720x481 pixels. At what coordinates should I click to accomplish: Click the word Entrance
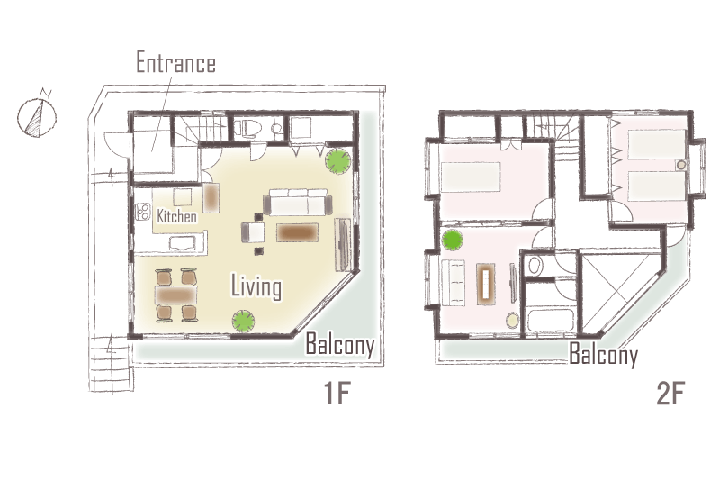point(175,63)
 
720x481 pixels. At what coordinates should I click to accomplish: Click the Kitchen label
point(176,216)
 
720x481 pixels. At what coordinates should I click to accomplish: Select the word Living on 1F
point(256,287)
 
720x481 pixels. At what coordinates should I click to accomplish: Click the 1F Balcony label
point(340,344)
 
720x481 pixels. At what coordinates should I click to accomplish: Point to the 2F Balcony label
point(603,354)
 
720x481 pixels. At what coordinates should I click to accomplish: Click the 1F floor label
point(337,394)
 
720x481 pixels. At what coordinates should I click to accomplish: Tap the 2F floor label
point(670,394)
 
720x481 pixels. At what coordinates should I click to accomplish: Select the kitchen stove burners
point(143,212)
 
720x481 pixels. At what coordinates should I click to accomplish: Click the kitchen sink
point(183,243)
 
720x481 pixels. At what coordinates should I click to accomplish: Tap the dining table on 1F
point(176,295)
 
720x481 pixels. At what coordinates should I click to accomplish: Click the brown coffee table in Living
point(297,232)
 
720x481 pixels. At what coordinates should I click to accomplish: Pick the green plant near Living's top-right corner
point(338,161)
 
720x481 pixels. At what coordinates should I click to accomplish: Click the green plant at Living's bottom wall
point(243,321)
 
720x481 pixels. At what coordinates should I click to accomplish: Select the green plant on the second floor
point(453,240)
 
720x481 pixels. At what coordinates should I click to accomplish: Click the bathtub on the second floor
point(550,321)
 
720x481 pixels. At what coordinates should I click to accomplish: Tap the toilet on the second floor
point(534,265)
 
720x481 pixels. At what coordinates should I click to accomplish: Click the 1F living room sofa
point(298,203)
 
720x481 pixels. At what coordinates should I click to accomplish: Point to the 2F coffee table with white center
point(486,284)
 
